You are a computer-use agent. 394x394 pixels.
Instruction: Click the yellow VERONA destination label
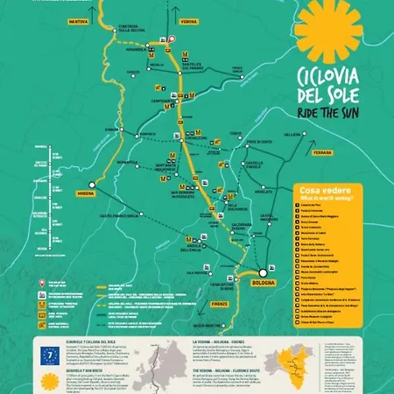[x=189, y=19]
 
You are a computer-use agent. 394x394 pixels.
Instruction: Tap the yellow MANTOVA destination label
[x=80, y=19]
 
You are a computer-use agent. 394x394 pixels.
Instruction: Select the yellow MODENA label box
[x=85, y=193]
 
